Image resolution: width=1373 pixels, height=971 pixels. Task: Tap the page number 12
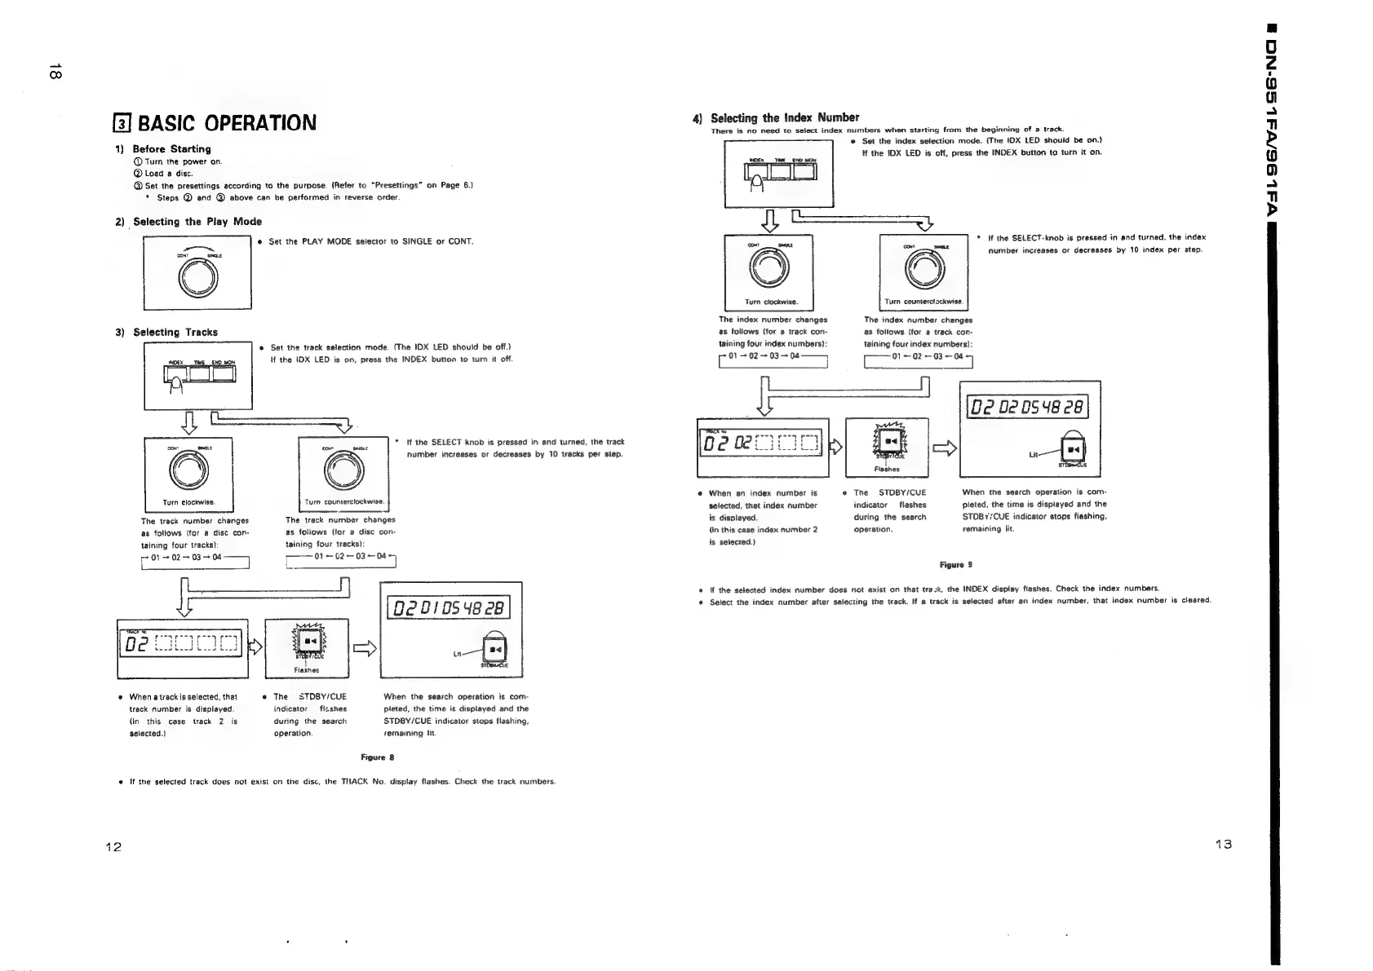pyautogui.click(x=113, y=847)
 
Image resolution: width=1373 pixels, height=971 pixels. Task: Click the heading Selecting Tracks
pyautogui.click(x=175, y=333)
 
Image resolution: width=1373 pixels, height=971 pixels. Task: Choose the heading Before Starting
pyautogui.click(x=171, y=149)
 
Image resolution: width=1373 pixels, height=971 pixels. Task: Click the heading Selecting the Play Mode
pyautogui.click(x=197, y=222)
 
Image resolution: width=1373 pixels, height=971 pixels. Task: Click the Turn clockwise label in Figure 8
pyautogui.click(x=187, y=502)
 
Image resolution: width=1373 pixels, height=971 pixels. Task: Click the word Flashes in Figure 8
pyautogui.click(x=307, y=670)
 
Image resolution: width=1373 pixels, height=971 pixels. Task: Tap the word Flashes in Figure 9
pyautogui.click(x=886, y=469)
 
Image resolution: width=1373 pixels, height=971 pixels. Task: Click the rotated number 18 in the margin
pyautogui.click(x=52, y=69)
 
